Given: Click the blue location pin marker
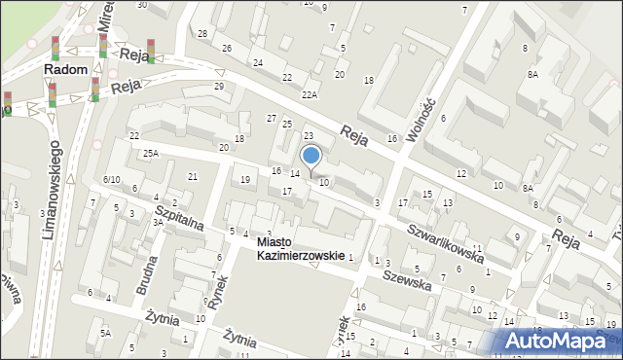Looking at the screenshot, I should (x=311, y=156).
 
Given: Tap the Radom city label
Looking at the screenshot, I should (x=66, y=70).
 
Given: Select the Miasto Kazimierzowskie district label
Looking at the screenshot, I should (x=301, y=248).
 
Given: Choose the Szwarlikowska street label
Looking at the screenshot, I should (x=447, y=243).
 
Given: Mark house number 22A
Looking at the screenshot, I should (x=310, y=94).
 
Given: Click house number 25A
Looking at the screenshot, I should (x=150, y=153).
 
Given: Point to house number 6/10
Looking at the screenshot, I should (x=111, y=180).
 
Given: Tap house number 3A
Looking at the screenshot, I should (x=157, y=222).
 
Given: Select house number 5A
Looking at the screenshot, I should (x=105, y=334).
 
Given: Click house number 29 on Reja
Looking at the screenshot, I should (x=219, y=87).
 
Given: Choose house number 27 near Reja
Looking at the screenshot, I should (x=273, y=118).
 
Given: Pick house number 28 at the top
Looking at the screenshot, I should (x=202, y=34).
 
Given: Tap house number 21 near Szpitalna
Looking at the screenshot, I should (x=193, y=176).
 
